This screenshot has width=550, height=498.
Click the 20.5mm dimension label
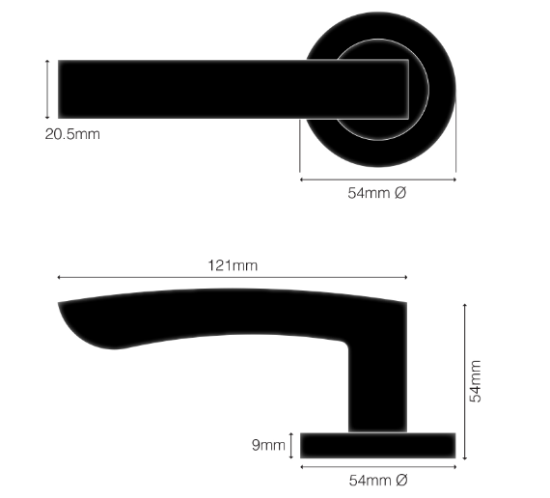(x=71, y=134)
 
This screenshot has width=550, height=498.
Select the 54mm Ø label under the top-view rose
(x=377, y=193)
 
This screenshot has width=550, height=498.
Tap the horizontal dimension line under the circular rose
(x=377, y=179)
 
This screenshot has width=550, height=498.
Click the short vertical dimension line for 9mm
(x=292, y=445)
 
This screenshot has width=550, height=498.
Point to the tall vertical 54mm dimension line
(x=465, y=381)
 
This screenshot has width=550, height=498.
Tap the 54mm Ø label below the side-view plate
(x=377, y=480)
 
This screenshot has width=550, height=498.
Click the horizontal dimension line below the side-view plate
(x=377, y=466)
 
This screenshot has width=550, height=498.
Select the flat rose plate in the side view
(x=377, y=445)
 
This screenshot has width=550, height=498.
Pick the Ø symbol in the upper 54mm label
(x=400, y=193)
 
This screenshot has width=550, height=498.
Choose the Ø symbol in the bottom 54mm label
(x=400, y=480)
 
